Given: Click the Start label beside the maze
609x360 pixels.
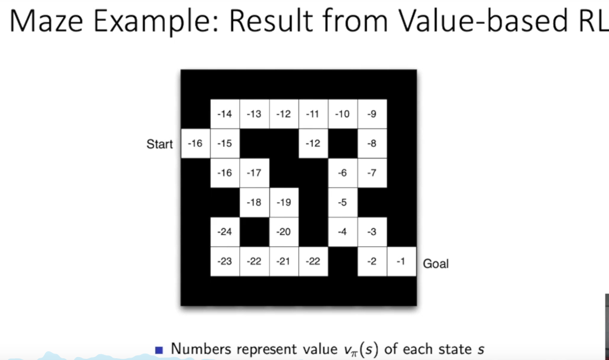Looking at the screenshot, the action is click(160, 144).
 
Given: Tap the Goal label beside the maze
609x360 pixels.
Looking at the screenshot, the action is click(435, 263).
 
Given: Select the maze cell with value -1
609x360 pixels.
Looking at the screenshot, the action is click(401, 262).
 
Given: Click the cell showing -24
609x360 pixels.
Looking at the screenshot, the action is click(224, 232).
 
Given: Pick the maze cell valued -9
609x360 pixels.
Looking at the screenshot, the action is click(371, 114).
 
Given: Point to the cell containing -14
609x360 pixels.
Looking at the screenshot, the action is click(224, 114).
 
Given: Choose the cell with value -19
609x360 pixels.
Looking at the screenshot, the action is click(283, 203).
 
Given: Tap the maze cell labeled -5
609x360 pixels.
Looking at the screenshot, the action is click(342, 203).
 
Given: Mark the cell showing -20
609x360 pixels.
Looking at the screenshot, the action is click(283, 232).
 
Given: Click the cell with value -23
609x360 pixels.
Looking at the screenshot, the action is click(224, 262).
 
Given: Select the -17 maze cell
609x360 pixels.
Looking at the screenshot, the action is click(254, 173).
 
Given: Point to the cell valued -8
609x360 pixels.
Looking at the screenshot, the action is click(371, 143).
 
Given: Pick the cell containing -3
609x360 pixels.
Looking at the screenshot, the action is click(371, 232).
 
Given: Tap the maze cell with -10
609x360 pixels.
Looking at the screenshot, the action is click(342, 114).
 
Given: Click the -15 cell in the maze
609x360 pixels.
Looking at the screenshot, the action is click(224, 143).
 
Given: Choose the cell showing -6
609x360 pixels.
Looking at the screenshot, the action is click(342, 173).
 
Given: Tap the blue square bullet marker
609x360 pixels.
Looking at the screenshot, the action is click(160, 350).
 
